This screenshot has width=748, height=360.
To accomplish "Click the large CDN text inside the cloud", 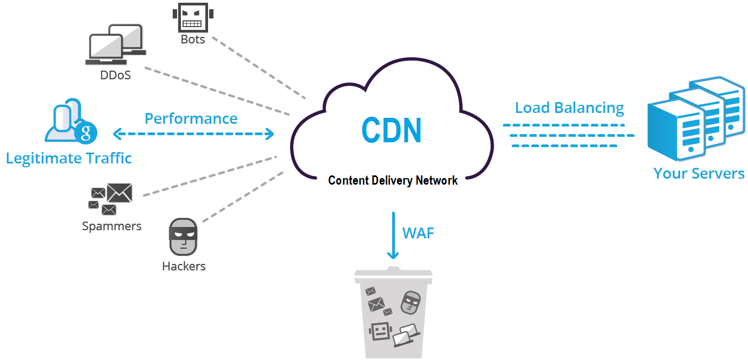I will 392,130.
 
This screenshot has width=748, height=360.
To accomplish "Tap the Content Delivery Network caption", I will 393,180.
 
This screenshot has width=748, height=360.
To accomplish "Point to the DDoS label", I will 115,75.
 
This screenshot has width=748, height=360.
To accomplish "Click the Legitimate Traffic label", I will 69,158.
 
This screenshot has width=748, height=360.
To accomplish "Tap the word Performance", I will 191,118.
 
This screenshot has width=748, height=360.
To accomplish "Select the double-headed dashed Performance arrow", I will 193,134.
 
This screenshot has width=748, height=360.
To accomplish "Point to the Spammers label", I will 111,226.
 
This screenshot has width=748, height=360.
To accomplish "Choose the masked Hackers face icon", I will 183,237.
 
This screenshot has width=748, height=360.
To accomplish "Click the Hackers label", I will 184,266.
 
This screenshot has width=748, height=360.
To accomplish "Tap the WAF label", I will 418,233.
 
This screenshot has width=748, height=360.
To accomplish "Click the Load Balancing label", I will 569,108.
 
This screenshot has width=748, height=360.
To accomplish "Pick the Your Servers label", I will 699,173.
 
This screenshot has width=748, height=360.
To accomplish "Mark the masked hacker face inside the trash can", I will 411,302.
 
